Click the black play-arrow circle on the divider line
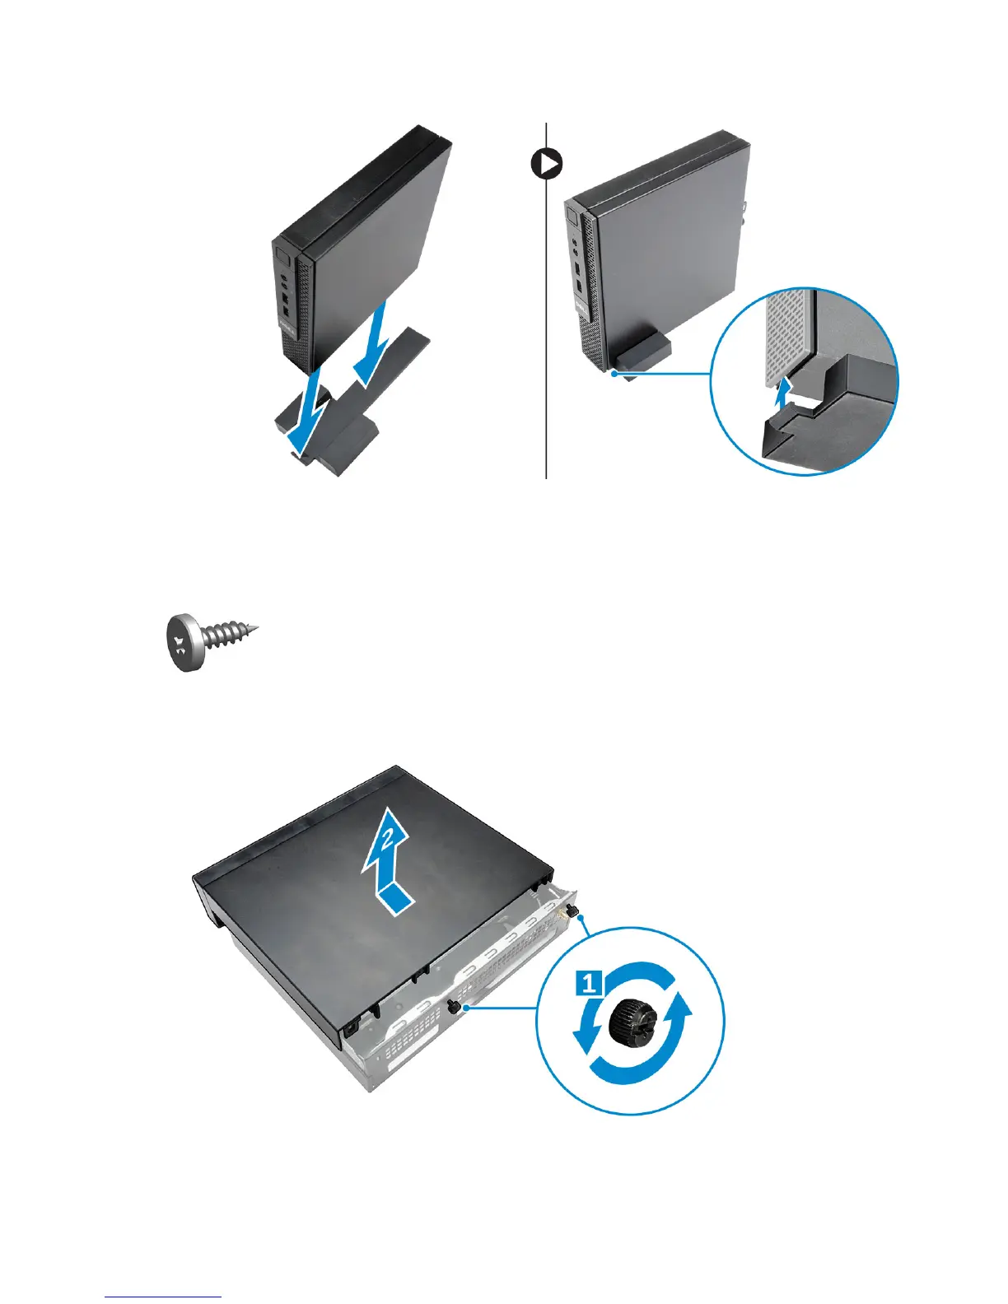pyautogui.click(x=545, y=165)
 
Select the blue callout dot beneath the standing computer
pyautogui.click(x=614, y=374)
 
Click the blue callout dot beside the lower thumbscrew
pyautogui.click(x=467, y=1006)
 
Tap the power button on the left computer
pyautogui.click(x=282, y=255)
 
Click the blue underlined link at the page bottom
pyautogui.click(x=164, y=1297)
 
